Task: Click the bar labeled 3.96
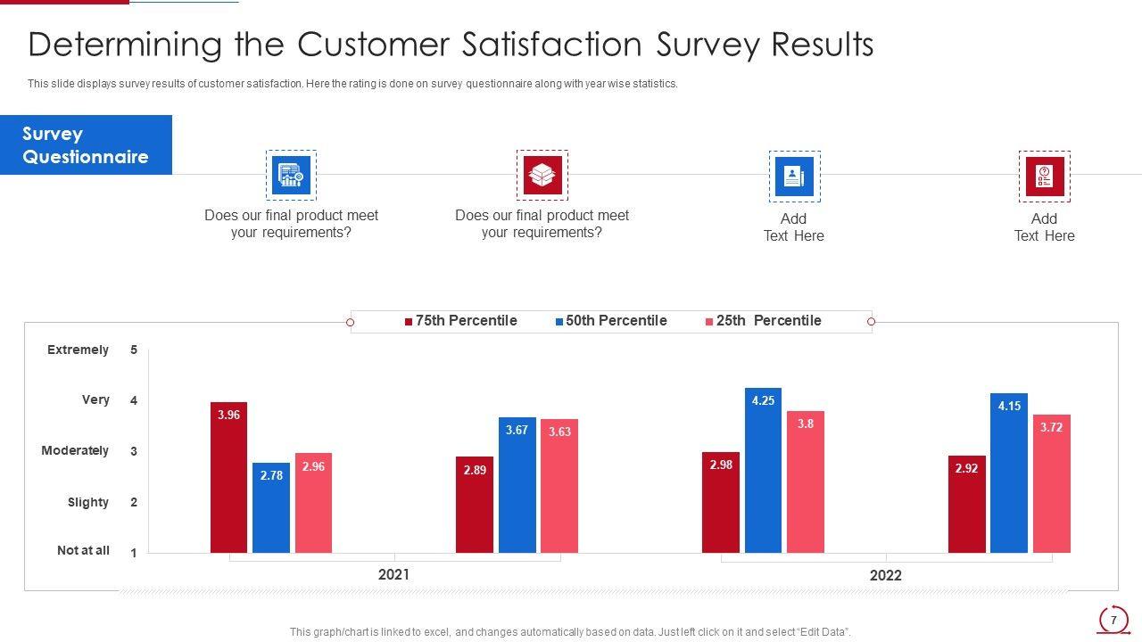[228, 477]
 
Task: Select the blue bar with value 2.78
[271, 507]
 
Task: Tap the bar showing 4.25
[763, 470]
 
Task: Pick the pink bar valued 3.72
[1051, 483]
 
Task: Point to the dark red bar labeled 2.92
[966, 504]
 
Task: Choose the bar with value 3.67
[517, 484]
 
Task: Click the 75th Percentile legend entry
[461, 321]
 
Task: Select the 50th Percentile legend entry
[611, 321]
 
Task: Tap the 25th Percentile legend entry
[764, 321]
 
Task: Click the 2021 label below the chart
[393, 574]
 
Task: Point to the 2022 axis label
[885, 575]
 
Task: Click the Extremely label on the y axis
[78, 350]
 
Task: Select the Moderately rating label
[75, 450]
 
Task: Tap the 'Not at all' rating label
[83, 550]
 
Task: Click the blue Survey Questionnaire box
[86, 145]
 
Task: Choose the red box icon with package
[542, 175]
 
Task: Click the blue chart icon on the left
[291, 175]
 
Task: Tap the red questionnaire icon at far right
[1044, 176]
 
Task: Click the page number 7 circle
[1113, 620]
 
